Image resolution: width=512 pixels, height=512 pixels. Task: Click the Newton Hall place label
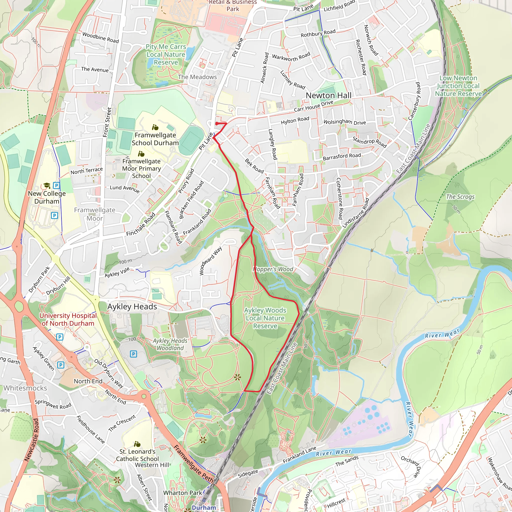pyautogui.click(x=328, y=95)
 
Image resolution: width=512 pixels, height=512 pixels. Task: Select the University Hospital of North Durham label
pyautogui.click(x=68, y=319)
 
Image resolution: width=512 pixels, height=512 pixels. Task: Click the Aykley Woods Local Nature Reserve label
pyautogui.click(x=265, y=318)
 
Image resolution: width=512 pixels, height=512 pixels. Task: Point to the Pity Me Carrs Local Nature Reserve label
pyautogui.click(x=166, y=54)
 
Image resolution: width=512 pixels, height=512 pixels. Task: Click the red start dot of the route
pyautogui.click(x=216, y=123)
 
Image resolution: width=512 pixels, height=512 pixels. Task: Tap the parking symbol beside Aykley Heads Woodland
pyautogui.click(x=133, y=354)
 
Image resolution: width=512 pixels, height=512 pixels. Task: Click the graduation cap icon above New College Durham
pyautogui.click(x=47, y=185)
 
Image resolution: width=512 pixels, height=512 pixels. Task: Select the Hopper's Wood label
pyautogui.click(x=273, y=269)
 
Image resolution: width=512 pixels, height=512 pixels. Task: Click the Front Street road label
pyautogui.click(x=107, y=122)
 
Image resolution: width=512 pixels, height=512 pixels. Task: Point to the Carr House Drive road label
pyautogui.click(x=313, y=106)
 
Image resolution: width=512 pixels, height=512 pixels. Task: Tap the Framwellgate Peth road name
pyautogui.click(x=193, y=464)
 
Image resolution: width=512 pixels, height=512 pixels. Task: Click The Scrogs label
pyautogui.click(x=460, y=197)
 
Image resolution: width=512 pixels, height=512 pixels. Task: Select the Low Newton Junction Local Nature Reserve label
pyautogui.click(x=458, y=86)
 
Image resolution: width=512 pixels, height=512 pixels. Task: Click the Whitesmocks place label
pyautogui.click(x=25, y=388)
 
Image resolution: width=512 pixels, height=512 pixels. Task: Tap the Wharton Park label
pyautogui.click(x=182, y=493)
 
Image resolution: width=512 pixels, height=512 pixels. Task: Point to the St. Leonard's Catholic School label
pyautogui.click(x=137, y=455)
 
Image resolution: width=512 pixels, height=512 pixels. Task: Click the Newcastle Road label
pyautogui.click(x=31, y=440)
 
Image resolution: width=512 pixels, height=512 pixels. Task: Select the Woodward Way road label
pyautogui.click(x=210, y=261)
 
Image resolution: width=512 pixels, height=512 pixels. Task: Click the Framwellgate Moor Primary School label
pyautogui.click(x=141, y=168)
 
